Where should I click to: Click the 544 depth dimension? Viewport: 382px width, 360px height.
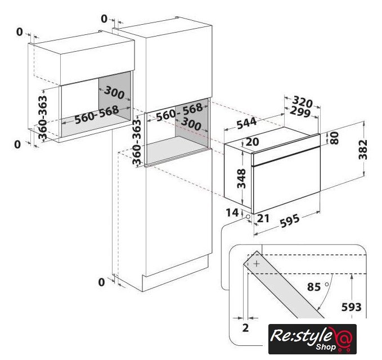247,123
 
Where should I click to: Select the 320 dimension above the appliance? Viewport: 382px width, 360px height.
302,102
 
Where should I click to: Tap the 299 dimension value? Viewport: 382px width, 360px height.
300,112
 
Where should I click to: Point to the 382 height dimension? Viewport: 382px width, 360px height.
363,149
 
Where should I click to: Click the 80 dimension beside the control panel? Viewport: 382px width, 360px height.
335,138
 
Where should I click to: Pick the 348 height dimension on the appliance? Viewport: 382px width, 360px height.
242,178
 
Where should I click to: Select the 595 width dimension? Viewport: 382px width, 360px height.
290,221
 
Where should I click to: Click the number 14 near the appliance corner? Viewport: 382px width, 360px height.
232,213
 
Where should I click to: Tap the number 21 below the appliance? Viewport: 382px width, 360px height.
263,218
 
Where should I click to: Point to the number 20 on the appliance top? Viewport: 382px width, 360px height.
252,142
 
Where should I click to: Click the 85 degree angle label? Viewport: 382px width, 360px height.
314,287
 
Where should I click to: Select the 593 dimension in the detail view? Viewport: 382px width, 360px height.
351,307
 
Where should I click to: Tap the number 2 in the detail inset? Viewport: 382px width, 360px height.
245,328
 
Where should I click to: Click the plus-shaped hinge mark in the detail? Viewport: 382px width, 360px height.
257,264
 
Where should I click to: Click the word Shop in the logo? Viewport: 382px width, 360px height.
326,346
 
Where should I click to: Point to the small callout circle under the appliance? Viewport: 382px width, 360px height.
248,217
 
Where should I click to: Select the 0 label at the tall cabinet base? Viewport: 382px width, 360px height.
101,282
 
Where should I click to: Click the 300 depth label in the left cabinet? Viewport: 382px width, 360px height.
114,93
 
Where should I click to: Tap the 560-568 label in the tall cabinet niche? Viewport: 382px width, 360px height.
179,112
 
